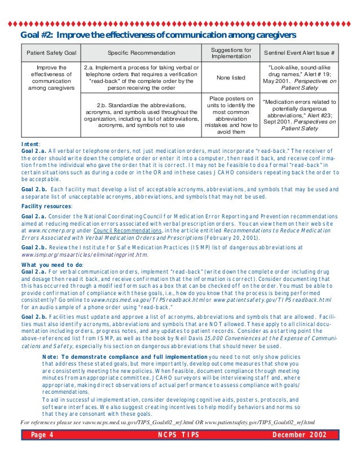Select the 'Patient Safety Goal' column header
coord(51,53)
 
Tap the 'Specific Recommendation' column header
coord(141,53)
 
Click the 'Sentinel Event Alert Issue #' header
coord(300,53)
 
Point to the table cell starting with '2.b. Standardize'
coord(141,115)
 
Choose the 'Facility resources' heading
coord(46,207)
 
